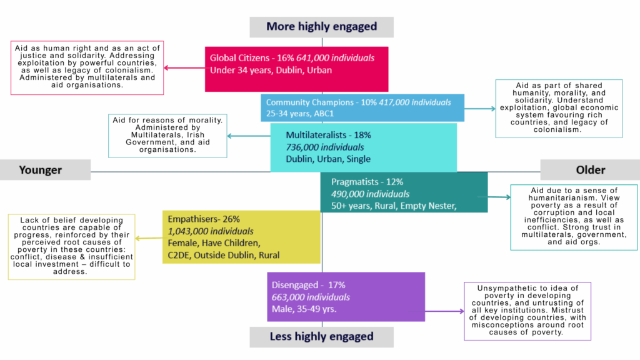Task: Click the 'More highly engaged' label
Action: pyautogui.click(x=321, y=26)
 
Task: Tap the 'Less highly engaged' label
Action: pyautogui.click(x=321, y=336)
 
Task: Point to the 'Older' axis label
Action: pyautogui.click(x=589, y=170)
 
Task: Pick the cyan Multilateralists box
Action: pyautogui.click(x=363, y=147)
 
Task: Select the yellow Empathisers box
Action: pyautogui.click(x=241, y=237)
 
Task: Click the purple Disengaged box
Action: pyautogui.click(x=346, y=296)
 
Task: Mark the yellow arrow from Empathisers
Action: pyautogui.click(x=149, y=238)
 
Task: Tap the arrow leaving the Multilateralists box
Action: pyautogui.click(x=247, y=136)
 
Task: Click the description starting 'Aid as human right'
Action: pyautogui.click(x=86, y=67)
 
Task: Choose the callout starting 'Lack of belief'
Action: pyautogui.click(x=71, y=246)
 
